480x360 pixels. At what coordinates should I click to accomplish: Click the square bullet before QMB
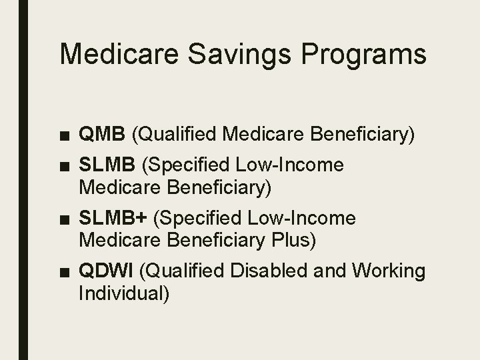[x=65, y=137]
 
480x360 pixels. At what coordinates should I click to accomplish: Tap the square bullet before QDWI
[x=65, y=273]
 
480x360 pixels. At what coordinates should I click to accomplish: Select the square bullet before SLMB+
[x=65, y=219]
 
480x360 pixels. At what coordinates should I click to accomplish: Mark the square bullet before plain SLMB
[x=65, y=165]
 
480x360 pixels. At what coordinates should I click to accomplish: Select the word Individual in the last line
[x=124, y=293]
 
